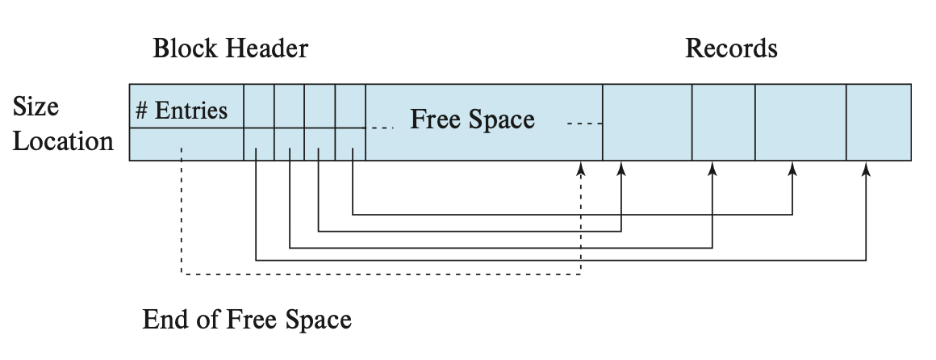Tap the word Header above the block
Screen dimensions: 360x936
[267, 48]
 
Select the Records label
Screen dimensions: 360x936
[731, 48]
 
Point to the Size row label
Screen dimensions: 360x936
[36, 107]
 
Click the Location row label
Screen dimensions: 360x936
[63, 141]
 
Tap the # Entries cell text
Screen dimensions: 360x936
[182, 110]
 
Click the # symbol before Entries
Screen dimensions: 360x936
[141, 110]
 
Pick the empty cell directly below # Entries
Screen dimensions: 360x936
[186, 144]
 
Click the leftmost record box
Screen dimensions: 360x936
[647, 122]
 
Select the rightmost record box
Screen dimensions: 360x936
[879, 122]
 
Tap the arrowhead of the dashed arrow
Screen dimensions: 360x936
[581, 167]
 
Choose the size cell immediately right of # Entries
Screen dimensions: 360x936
[259, 106]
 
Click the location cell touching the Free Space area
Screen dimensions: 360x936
[350, 144]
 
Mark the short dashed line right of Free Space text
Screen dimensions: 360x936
[584, 123]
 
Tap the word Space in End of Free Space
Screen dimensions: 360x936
[320, 320]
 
